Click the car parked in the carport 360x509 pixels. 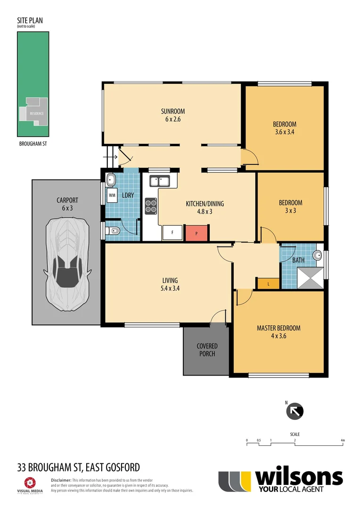pos(66,264)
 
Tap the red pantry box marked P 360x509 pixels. pos(196,233)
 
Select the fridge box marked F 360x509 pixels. pos(172,233)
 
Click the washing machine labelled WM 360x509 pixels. pos(112,194)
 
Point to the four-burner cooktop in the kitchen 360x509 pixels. pos(151,205)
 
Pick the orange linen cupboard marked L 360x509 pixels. pos(268,283)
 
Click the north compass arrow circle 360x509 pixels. pos(295,411)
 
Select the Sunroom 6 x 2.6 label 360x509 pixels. pos(172,115)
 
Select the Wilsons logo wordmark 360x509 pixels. pos(298,477)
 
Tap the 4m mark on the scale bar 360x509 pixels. pos(343,441)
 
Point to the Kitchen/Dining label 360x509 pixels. pos(205,207)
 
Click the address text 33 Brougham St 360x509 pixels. pos(78,467)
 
